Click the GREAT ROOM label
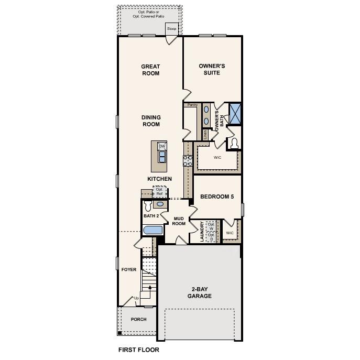(150, 70)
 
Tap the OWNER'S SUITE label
(212, 69)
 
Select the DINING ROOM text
(150, 121)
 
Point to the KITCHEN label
(159, 179)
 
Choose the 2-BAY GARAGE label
(200, 292)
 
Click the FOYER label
(129, 270)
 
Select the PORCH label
(138, 319)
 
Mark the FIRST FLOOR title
(138, 350)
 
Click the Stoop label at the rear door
(172, 28)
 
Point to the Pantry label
(192, 105)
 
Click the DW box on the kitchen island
(162, 146)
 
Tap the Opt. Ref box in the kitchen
(159, 192)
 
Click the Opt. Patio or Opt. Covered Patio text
(149, 13)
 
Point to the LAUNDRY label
(202, 232)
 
